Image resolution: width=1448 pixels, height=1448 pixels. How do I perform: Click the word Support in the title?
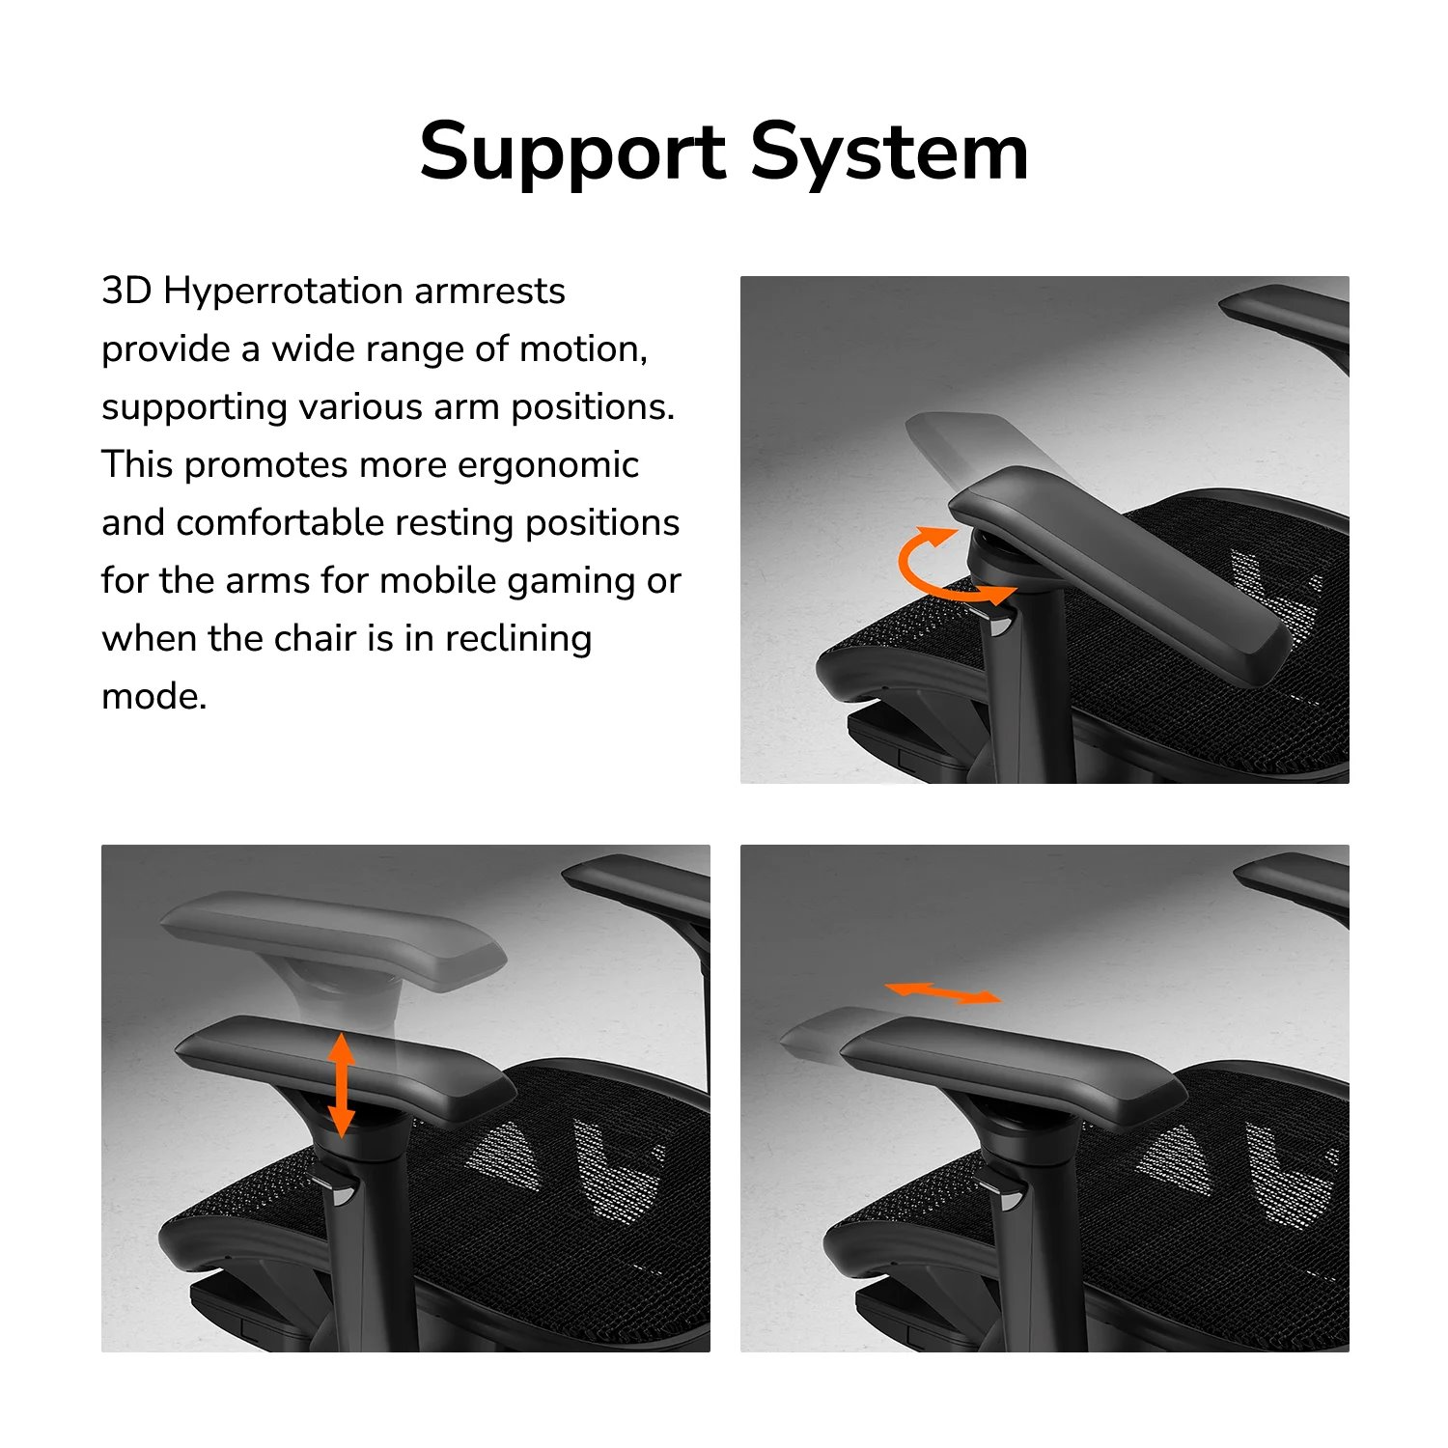pyautogui.click(x=572, y=153)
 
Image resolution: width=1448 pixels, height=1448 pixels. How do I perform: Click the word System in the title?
pyautogui.click(x=889, y=153)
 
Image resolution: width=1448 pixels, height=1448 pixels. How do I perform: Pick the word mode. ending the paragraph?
pyautogui.click(x=154, y=696)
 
